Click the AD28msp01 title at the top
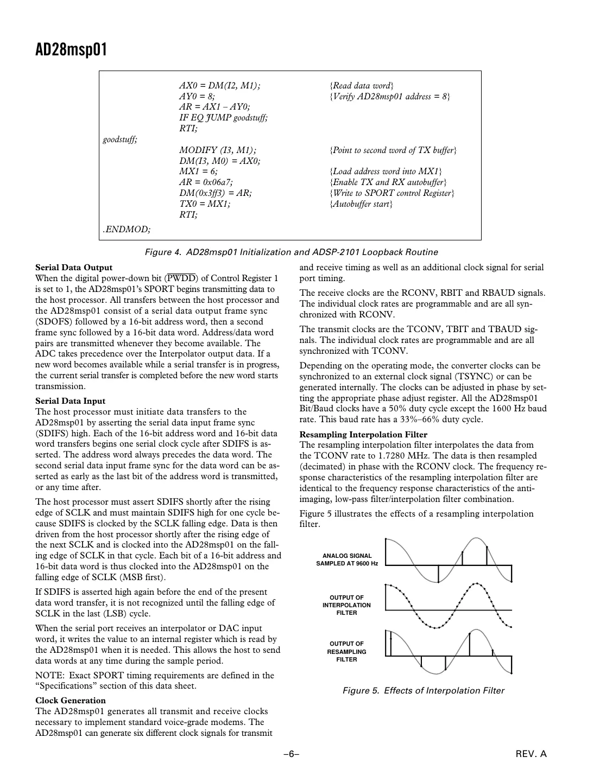(x=71, y=50)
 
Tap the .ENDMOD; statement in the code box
(x=127, y=230)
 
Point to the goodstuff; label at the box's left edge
(x=120, y=139)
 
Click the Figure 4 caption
(x=291, y=252)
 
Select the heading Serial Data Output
(x=74, y=268)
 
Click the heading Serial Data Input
(x=70, y=401)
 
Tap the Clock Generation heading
(x=70, y=701)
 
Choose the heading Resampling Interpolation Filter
(x=363, y=435)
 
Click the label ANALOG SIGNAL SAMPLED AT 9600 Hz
(x=347, y=559)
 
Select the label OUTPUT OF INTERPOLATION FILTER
(x=346, y=605)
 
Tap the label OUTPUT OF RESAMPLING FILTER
(x=346, y=652)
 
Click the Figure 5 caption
(x=423, y=691)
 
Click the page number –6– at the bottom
(x=292, y=754)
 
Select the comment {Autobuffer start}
(x=361, y=204)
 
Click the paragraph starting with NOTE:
(x=155, y=681)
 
